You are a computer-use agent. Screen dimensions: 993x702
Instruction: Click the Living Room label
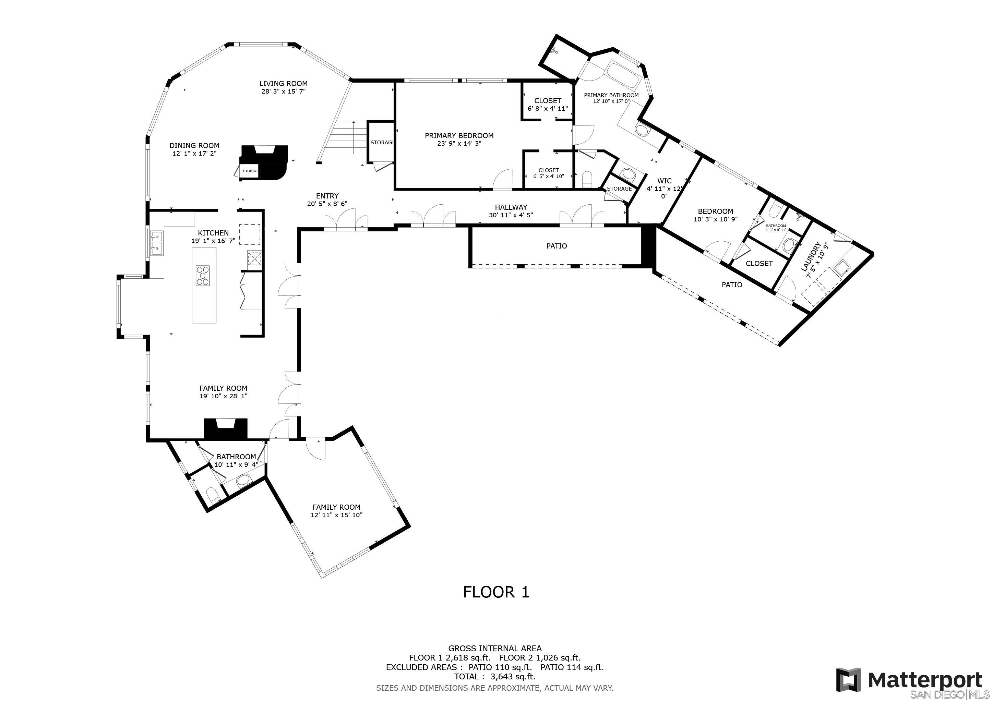[283, 83]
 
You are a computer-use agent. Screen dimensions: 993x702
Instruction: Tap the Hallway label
[511, 207]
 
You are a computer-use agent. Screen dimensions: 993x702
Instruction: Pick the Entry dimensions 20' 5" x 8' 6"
[327, 204]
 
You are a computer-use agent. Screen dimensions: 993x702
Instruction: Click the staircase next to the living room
[342, 139]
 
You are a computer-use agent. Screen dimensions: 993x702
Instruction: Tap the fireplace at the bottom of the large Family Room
[225, 428]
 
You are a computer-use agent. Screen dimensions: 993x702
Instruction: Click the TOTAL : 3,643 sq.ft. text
[495, 677]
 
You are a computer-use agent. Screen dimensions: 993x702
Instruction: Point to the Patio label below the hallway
[557, 246]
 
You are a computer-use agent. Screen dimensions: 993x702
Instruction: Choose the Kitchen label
[213, 233]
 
